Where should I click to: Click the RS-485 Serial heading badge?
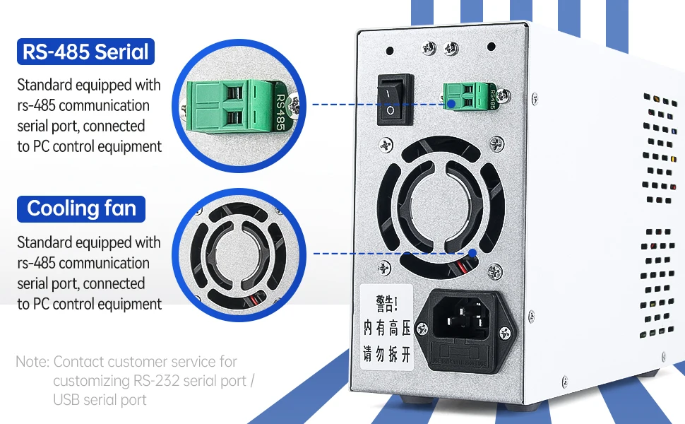coord(85,52)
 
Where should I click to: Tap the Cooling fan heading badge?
coord(81,209)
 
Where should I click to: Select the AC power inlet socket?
coord(461,322)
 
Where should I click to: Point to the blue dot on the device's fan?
coord(472,252)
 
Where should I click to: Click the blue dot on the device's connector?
coord(448,104)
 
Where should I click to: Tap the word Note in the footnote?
coord(31,362)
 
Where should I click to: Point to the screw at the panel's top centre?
coord(429,48)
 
